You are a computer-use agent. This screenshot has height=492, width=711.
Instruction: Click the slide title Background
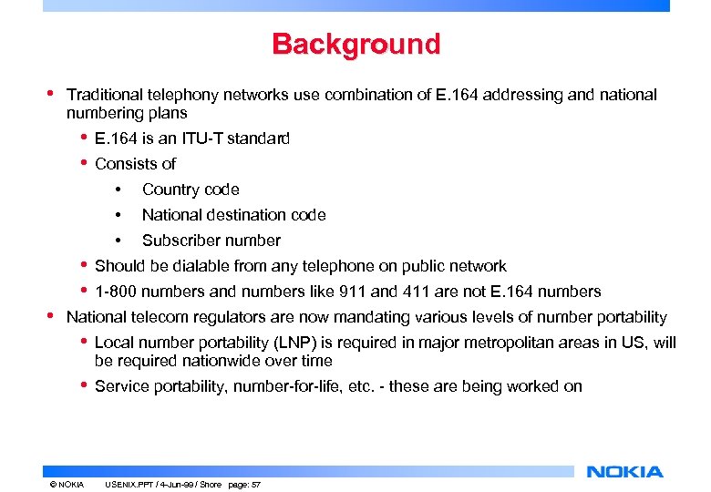355,44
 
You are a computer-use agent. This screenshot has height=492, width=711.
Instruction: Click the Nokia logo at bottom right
625,471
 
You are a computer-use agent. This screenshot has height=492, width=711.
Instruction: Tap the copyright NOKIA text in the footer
67,484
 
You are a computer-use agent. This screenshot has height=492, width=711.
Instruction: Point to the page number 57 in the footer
256,484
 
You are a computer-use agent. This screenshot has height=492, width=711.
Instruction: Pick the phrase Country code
191,190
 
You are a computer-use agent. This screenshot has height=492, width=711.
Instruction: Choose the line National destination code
233,215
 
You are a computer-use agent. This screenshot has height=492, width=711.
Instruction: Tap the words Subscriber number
211,241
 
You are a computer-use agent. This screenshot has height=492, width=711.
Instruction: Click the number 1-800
116,292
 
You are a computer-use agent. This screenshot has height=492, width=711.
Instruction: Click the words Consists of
135,164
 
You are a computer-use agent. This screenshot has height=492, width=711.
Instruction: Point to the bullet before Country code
118,190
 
